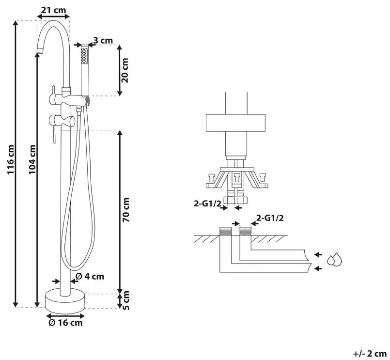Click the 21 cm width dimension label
(53, 10)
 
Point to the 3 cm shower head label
(103, 40)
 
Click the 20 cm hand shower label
(125, 71)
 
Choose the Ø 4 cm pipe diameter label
(90, 277)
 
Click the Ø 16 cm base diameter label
(65, 322)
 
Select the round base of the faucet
(64, 300)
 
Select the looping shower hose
(75, 194)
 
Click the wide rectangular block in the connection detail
(235, 124)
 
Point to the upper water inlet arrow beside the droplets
(317, 254)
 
